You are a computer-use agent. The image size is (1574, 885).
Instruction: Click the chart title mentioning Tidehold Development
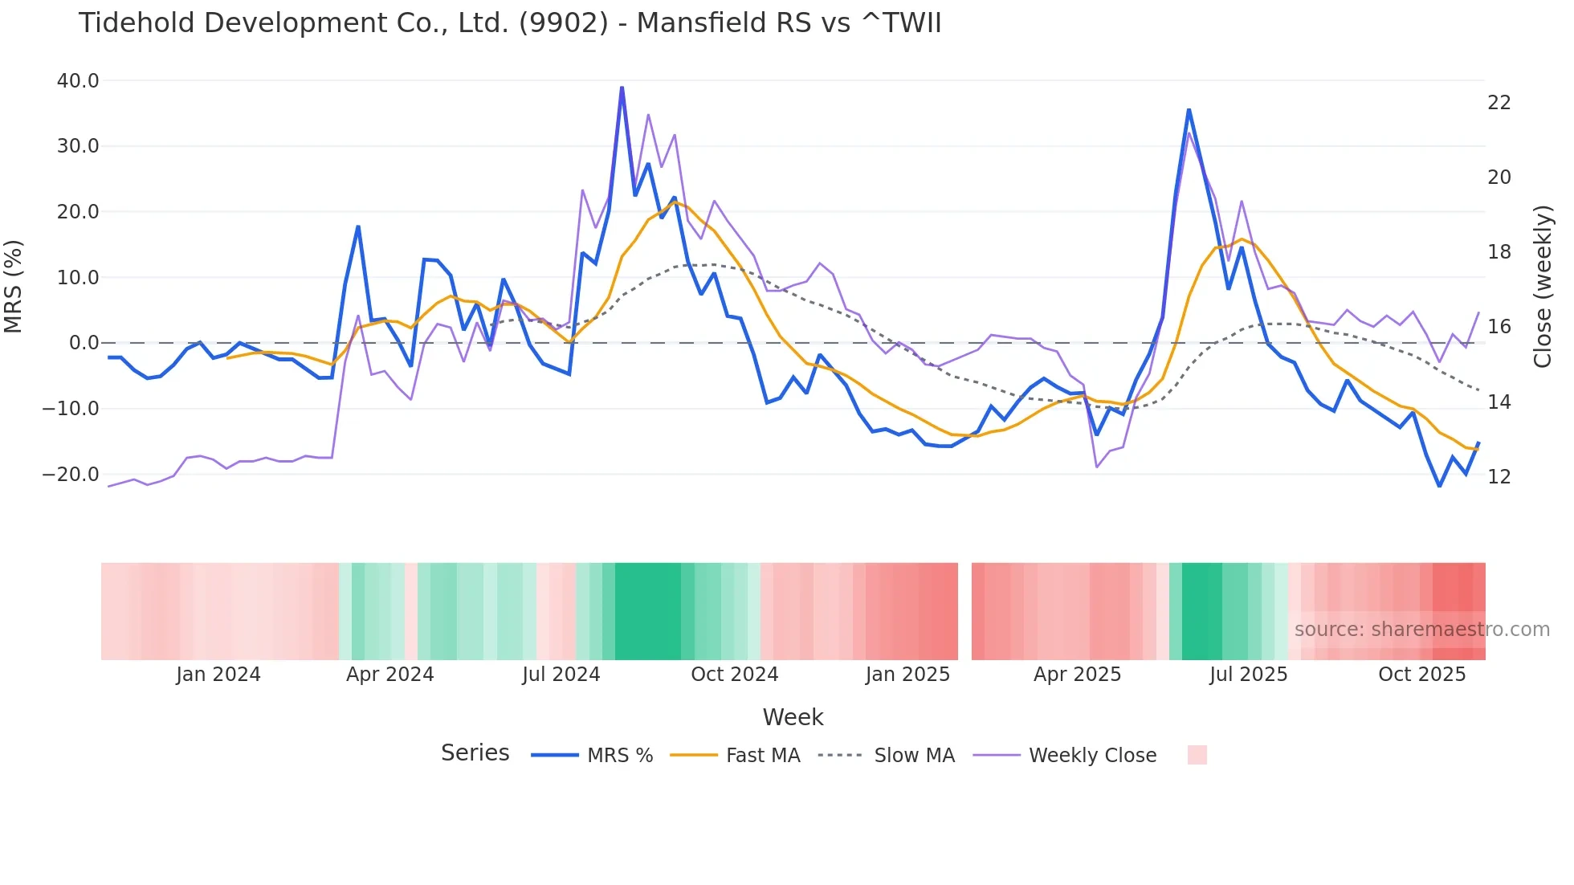click(509, 23)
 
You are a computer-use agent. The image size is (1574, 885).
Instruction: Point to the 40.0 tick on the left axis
click(78, 81)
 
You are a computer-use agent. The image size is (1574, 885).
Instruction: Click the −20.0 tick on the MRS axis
click(71, 475)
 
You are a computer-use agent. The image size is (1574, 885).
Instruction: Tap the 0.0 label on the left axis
click(84, 343)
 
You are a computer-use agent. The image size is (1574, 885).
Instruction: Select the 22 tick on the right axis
click(1499, 103)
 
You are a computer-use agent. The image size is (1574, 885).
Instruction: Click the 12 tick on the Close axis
click(1499, 477)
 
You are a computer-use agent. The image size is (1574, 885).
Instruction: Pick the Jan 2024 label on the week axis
click(218, 675)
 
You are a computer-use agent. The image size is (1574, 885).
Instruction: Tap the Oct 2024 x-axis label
click(734, 675)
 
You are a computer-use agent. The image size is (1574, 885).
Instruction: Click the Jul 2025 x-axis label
click(1248, 675)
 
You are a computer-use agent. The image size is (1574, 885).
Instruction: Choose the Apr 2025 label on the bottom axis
click(1077, 675)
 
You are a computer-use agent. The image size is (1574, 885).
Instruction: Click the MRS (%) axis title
click(14, 287)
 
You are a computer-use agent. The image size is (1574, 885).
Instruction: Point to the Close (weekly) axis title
click(1543, 287)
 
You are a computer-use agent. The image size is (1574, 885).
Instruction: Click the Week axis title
click(793, 717)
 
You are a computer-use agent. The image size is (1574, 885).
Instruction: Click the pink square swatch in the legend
click(1197, 755)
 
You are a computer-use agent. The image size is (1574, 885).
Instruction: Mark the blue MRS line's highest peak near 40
click(622, 88)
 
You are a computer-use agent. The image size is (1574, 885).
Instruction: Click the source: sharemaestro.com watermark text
click(1421, 630)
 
